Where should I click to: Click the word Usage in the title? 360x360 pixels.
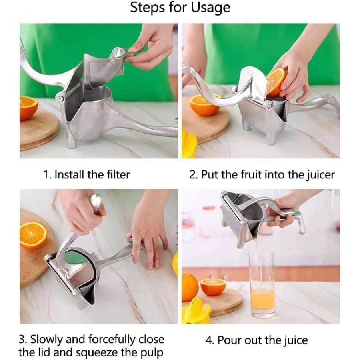click(210, 8)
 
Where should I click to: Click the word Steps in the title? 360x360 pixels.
click(147, 7)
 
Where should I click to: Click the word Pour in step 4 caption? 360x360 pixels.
click(230, 340)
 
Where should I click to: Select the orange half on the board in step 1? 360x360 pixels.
click(28, 108)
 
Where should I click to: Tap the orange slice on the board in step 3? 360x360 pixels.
click(33, 235)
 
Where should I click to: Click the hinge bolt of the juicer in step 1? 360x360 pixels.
click(61, 99)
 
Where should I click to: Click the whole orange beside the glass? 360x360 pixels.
click(190, 286)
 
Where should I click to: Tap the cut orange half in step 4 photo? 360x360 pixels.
click(213, 287)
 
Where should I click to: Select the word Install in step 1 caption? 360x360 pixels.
click(70, 174)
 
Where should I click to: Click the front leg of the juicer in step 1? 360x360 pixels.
click(71, 140)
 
